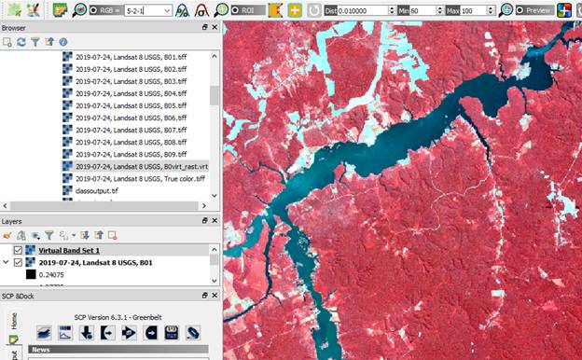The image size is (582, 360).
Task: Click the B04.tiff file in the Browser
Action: [x=136, y=93]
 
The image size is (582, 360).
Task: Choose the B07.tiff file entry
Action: [x=136, y=130]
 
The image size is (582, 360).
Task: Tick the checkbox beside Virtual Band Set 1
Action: [x=18, y=250]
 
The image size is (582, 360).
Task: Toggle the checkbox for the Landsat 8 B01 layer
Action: [x=18, y=262]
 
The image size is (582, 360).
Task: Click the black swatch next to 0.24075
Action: [x=31, y=275]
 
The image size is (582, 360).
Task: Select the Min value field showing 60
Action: [x=425, y=9]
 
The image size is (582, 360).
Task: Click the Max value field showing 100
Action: [x=475, y=9]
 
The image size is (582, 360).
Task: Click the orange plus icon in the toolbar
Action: [x=295, y=9]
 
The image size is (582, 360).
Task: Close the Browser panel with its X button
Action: [x=215, y=28]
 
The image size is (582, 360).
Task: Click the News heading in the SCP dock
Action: [x=41, y=350]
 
